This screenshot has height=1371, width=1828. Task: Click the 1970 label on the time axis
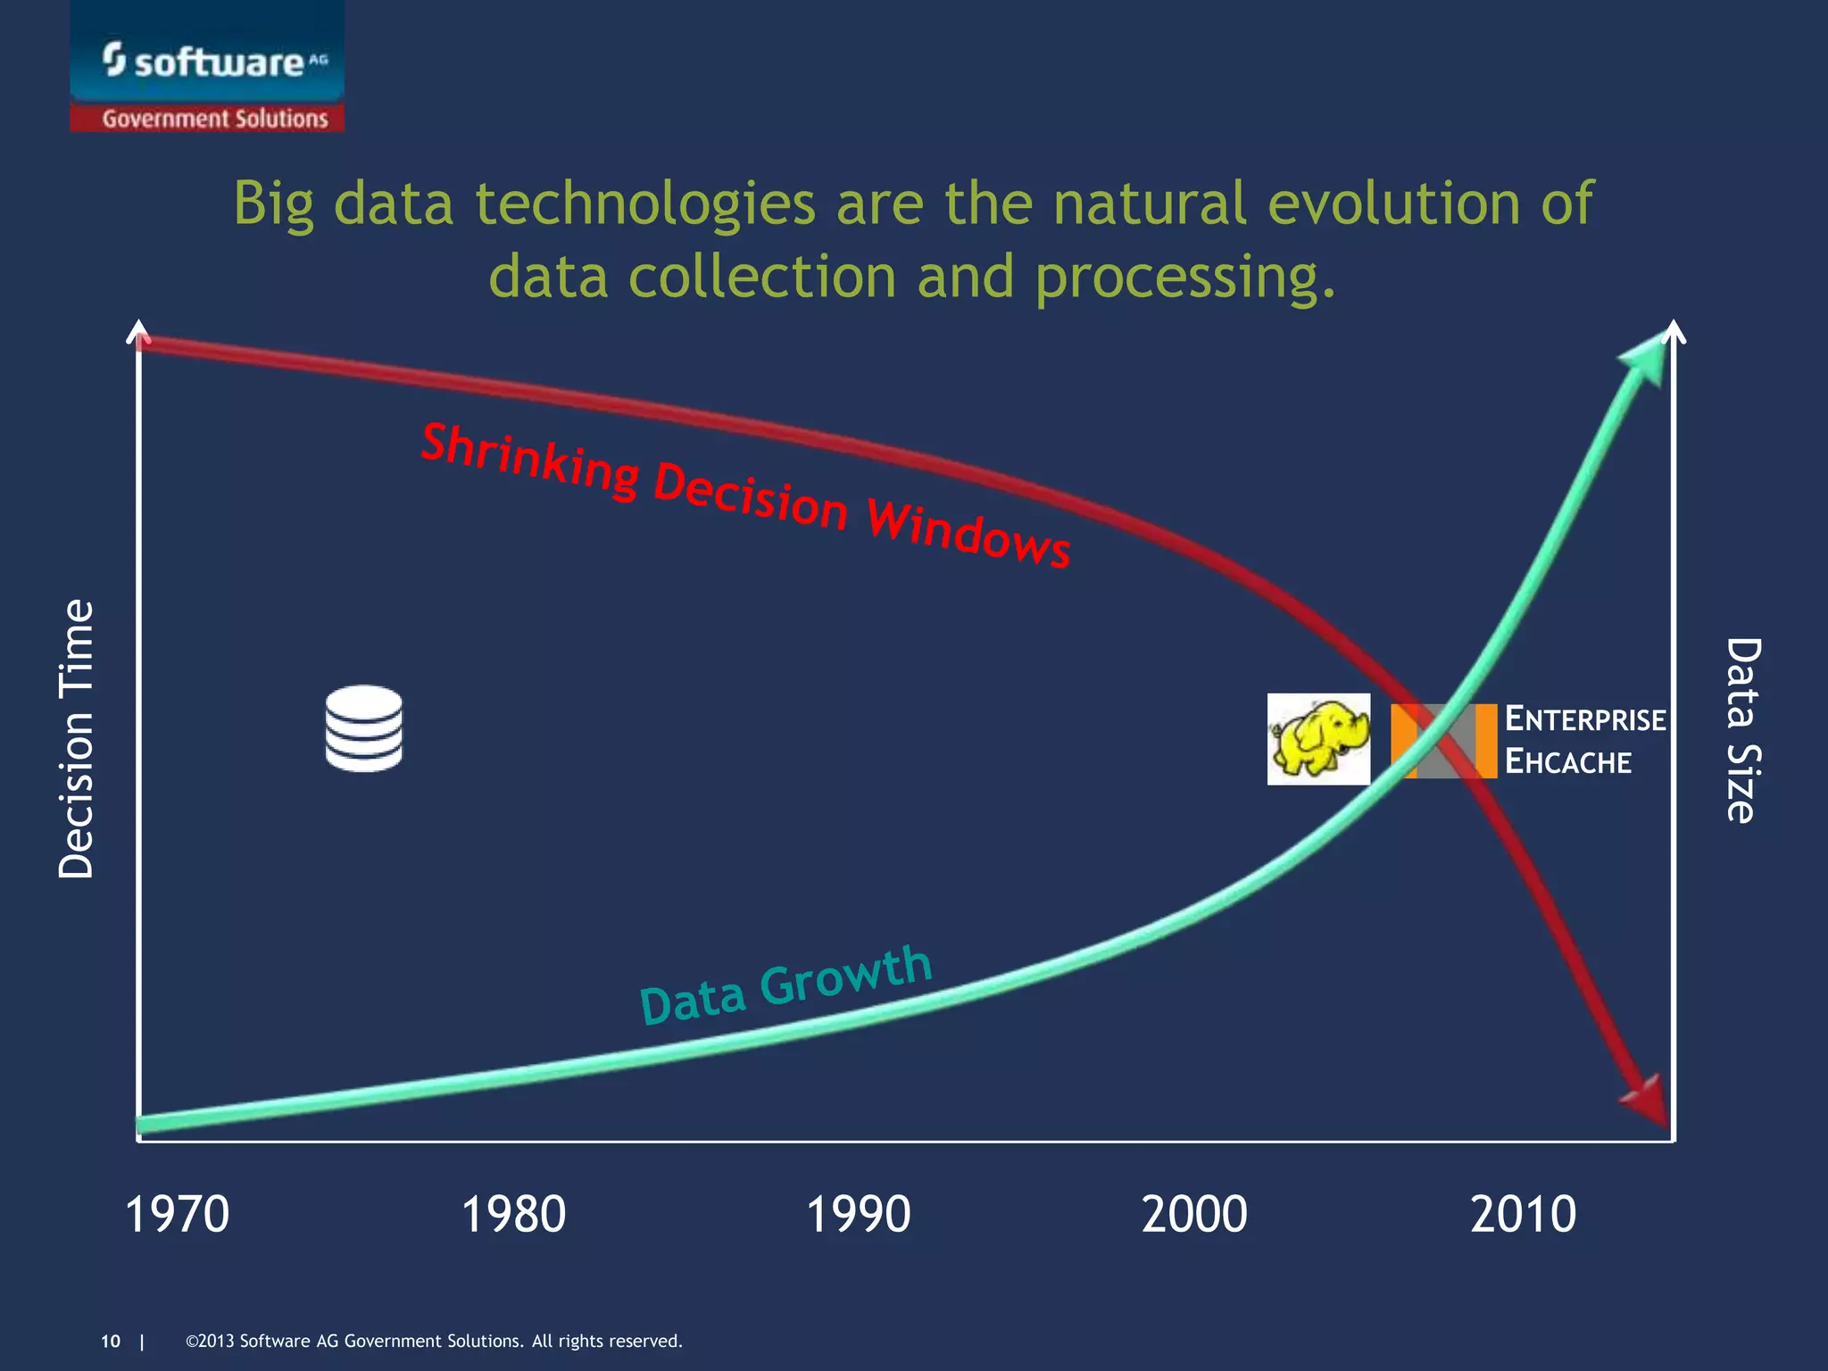[177, 1214]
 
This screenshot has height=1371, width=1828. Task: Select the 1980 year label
[513, 1214]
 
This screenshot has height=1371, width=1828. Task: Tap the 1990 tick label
[858, 1214]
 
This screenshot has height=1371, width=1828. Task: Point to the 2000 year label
[1194, 1214]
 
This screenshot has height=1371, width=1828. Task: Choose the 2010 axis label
[1523, 1214]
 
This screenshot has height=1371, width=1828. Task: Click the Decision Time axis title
[76, 738]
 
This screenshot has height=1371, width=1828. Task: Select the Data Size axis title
[1742, 729]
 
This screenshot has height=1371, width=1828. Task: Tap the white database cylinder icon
[364, 728]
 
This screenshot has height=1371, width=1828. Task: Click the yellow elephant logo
[1318, 739]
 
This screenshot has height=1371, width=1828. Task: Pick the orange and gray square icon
[1443, 741]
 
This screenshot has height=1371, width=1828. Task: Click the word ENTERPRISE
[1585, 719]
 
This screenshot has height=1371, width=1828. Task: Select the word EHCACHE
[1568, 762]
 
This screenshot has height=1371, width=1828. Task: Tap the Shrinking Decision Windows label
[745, 495]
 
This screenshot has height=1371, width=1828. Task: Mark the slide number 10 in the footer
[111, 1341]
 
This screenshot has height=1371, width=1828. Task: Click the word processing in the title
[1185, 277]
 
